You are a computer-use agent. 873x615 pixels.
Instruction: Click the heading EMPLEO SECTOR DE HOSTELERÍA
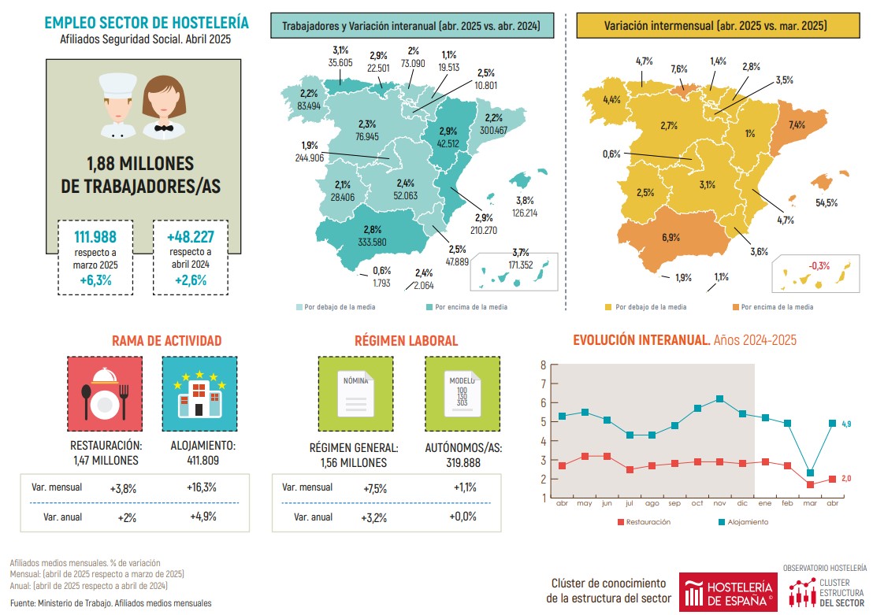(x=147, y=22)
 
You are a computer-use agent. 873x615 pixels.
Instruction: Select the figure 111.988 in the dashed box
(x=95, y=237)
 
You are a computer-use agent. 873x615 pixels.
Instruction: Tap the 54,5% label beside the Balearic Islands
(x=827, y=202)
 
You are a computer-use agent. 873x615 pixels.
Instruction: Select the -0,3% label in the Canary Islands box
(x=820, y=265)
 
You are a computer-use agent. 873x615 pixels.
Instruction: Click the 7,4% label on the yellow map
(x=797, y=125)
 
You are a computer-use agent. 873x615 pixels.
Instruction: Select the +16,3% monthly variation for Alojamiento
(x=203, y=488)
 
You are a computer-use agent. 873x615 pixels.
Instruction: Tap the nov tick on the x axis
(x=719, y=503)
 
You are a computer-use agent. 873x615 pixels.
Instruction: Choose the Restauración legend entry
(x=644, y=521)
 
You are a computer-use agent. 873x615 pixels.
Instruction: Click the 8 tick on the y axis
(x=543, y=365)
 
